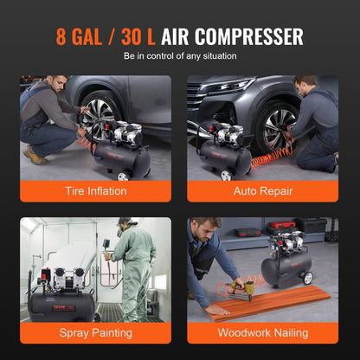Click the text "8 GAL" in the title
click(85, 36)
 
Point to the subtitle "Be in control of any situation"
click(180, 57)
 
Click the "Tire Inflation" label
click(95, 191)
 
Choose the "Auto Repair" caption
click(263, 191)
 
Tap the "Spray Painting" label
click(95, 332)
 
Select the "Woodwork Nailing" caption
click(263, 332)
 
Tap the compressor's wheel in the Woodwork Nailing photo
click(305, 278)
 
